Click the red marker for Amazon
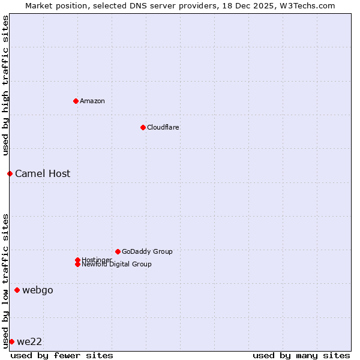coord(76,101)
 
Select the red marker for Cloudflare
coord(143,127)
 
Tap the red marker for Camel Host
coord(10,173)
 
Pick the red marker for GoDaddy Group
coord(118,251)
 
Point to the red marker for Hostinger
coord(77,260)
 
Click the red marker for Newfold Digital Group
coord(77,264)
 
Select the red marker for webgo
coord(17,290)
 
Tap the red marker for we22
coord(11,341)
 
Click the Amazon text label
coord(92,101)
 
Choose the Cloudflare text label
coord(163,127)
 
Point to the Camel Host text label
coord(43,173)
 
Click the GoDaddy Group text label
coord(147,251)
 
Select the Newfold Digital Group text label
coord(117,265)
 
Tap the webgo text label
coord(38,290)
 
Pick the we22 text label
coord(29,342)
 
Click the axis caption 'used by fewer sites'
coord(62,355)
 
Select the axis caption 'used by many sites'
coord(301,355)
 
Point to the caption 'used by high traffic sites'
coord(5,85)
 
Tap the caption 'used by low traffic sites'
coord(5,281)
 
